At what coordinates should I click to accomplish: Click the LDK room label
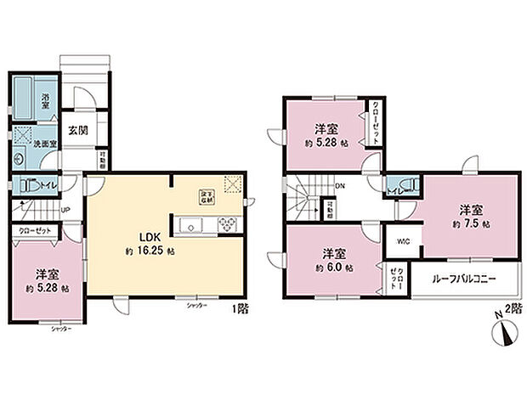pyautogui.click(x=139, y=239)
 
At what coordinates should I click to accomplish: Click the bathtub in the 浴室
pyautogui.click(x=25, y=100)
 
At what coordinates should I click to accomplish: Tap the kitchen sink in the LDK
pyautogui.click(x=190, y=226)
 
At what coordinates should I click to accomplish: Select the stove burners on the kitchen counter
pyautogui.click(x=229, y=225)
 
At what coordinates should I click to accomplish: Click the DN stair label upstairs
pyautogui.click(x=340, y=185)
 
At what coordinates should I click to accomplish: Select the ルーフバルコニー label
pyautogui.click(x=464, y=279)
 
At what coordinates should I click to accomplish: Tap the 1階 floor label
pyautogui.click(x=241, y=309)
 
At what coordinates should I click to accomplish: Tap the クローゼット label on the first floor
pyautogui.click(x=31, y=229)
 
